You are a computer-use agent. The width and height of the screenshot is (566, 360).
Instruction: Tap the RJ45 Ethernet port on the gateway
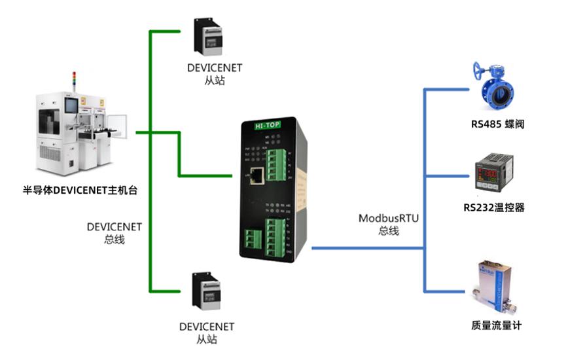coord(258,175)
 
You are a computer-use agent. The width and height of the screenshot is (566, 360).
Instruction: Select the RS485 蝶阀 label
coord(497,124)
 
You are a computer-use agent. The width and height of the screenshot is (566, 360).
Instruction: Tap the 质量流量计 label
coord(496,325)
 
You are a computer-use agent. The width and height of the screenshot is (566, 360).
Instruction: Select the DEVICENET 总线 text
coord(115,233)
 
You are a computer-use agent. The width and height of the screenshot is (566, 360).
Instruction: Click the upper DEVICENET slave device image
coord(209,37)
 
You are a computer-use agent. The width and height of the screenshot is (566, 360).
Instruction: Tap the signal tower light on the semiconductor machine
coord(74,80)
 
